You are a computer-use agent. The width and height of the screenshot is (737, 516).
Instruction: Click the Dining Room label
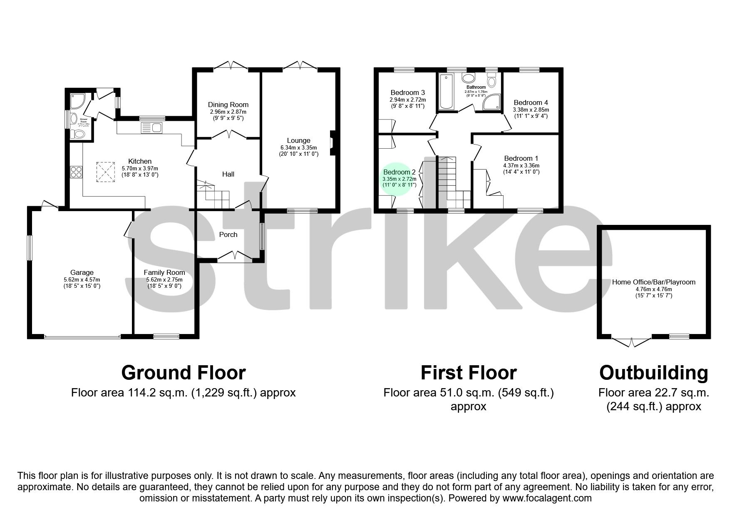point(228,105)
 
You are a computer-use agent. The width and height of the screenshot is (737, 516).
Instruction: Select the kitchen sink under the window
point(151,127)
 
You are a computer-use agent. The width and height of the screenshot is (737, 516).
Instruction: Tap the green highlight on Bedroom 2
point(399,179)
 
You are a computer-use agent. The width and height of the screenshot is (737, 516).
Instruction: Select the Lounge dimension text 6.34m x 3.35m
point(298,147)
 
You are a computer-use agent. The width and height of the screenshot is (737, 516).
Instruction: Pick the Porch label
point(228,234)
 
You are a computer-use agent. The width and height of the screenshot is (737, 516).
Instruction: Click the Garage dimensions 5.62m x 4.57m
point(82,279)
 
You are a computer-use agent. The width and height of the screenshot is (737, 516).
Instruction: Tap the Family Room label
point(164,272)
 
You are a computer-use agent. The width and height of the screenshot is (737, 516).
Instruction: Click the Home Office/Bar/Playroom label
point(653,282)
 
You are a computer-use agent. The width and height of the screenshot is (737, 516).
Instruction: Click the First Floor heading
point(469,373)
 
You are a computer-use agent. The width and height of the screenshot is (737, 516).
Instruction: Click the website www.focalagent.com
point(547,498)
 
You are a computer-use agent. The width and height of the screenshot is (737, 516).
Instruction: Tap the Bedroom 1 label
point(521,158)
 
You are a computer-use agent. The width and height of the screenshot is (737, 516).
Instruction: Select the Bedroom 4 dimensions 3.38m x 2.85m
point(531,110)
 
